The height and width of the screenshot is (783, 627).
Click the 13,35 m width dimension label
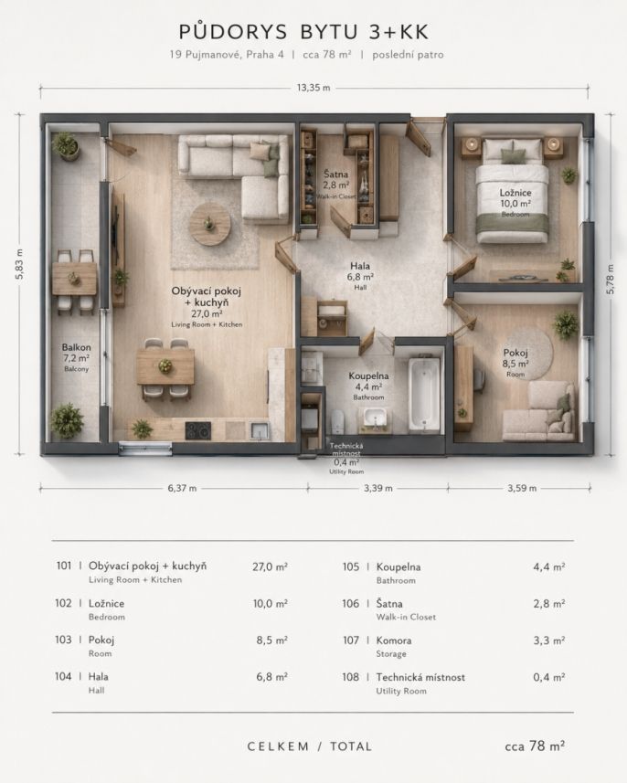coord(313,88)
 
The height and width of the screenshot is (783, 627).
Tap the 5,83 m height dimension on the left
coord(19,264)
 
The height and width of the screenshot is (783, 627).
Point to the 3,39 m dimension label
coord(377,488)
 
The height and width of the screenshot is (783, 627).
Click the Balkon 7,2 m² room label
coord(76,357)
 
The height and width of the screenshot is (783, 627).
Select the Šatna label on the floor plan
coord(335,175)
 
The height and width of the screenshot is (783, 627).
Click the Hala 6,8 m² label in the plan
coord(360,276)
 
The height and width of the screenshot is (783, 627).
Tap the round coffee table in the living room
coord(210,223)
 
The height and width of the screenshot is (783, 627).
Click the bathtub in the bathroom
coord(425,393)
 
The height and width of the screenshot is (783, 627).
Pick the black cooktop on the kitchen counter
coord(197,430)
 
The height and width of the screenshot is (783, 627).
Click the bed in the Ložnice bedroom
coord(512,191)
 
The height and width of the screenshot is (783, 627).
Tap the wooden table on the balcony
coord(74,279)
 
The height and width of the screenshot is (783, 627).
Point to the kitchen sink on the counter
coord(260,430)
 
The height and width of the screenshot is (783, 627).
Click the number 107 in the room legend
coord(351,640)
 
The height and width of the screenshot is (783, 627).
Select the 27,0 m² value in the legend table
coord(270,566)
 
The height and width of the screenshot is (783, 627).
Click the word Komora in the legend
coord(394,640)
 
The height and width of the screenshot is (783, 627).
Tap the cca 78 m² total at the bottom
coord(535,746)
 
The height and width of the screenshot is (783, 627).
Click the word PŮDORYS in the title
coord(233,32)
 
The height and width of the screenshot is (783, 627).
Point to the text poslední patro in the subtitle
coord(408,55)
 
